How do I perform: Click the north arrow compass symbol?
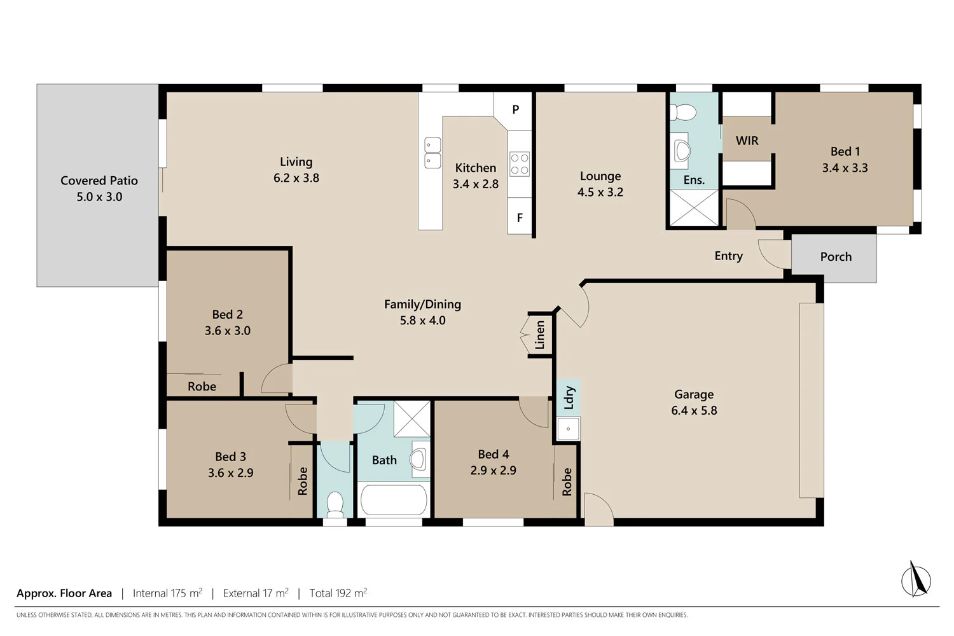pyautogui.click(x=916, y=579)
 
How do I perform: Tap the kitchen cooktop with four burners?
pyautogui.click(x=520, y=163)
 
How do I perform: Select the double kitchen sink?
pyautogui.click(x=432, y=153)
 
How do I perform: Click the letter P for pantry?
pyautogui.click(x=516, y=109)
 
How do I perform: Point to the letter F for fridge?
pyautogui.click(x=520, y=218)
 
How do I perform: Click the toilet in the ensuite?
pyautogui.click(x=684, y=113)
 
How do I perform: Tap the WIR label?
pyautogui.click(x=747, y=141)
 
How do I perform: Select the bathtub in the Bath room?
pyautogui.click(x=394, y=500)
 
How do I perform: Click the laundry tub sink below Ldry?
pyautogui.click(x=568, y=429)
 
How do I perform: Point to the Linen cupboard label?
pyautogui.click(x=540, y=335)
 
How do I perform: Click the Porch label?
pyautogui.click(x=835, y=256)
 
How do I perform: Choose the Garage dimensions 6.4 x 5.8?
pyautogui.click(x=694, y=411)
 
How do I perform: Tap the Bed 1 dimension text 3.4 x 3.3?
pyautogui.click(x=845, y=168)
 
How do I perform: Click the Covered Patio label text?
pyautogui.click(x=99, y=181)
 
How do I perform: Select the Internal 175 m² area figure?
pyautogui.click(x=167, y=593)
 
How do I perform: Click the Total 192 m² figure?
pyautogui.click(x=338, y=593)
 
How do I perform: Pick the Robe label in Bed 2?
pyautogui.click(x=202, y=386)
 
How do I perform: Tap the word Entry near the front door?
pyautogui.click(x=728, y=256)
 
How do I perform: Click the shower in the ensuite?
pyautogui.click(x=693, y=207)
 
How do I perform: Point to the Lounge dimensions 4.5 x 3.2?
pyautogui.click(x=600, y=192)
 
